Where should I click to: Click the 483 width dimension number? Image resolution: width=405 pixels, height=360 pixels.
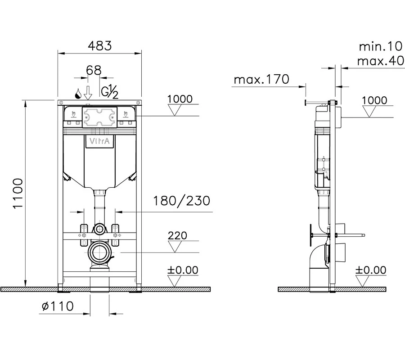[100, 46]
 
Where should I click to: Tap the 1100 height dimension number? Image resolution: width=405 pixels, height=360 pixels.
[18, 193]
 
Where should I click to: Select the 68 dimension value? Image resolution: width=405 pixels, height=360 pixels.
[94, 70]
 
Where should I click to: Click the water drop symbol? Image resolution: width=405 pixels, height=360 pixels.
[78, 94]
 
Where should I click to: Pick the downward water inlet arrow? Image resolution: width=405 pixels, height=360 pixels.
[88, 93]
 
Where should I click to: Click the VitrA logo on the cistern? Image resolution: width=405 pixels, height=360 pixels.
[99, 141]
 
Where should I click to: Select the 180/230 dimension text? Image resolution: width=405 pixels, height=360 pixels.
[182, 201]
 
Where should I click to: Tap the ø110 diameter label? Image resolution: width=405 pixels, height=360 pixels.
[58, 306]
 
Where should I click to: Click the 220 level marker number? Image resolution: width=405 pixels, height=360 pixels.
[177, 235]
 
